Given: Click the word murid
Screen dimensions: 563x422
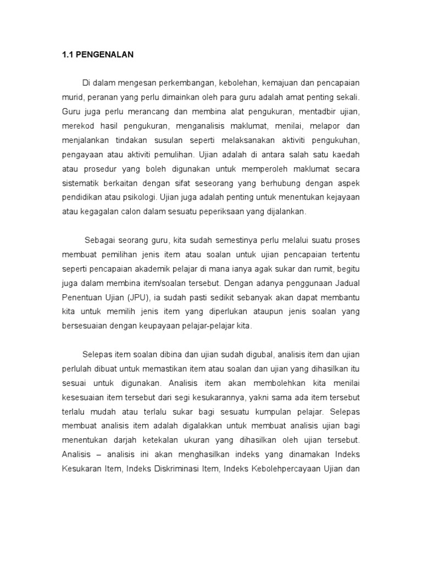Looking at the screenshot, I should pyautogui.click(x=70, y=97).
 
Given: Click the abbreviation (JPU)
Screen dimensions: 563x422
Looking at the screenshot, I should pyautogui.click(x=140, y=297).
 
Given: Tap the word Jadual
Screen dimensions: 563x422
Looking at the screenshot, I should pyautogui.click(x=347, y=283).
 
